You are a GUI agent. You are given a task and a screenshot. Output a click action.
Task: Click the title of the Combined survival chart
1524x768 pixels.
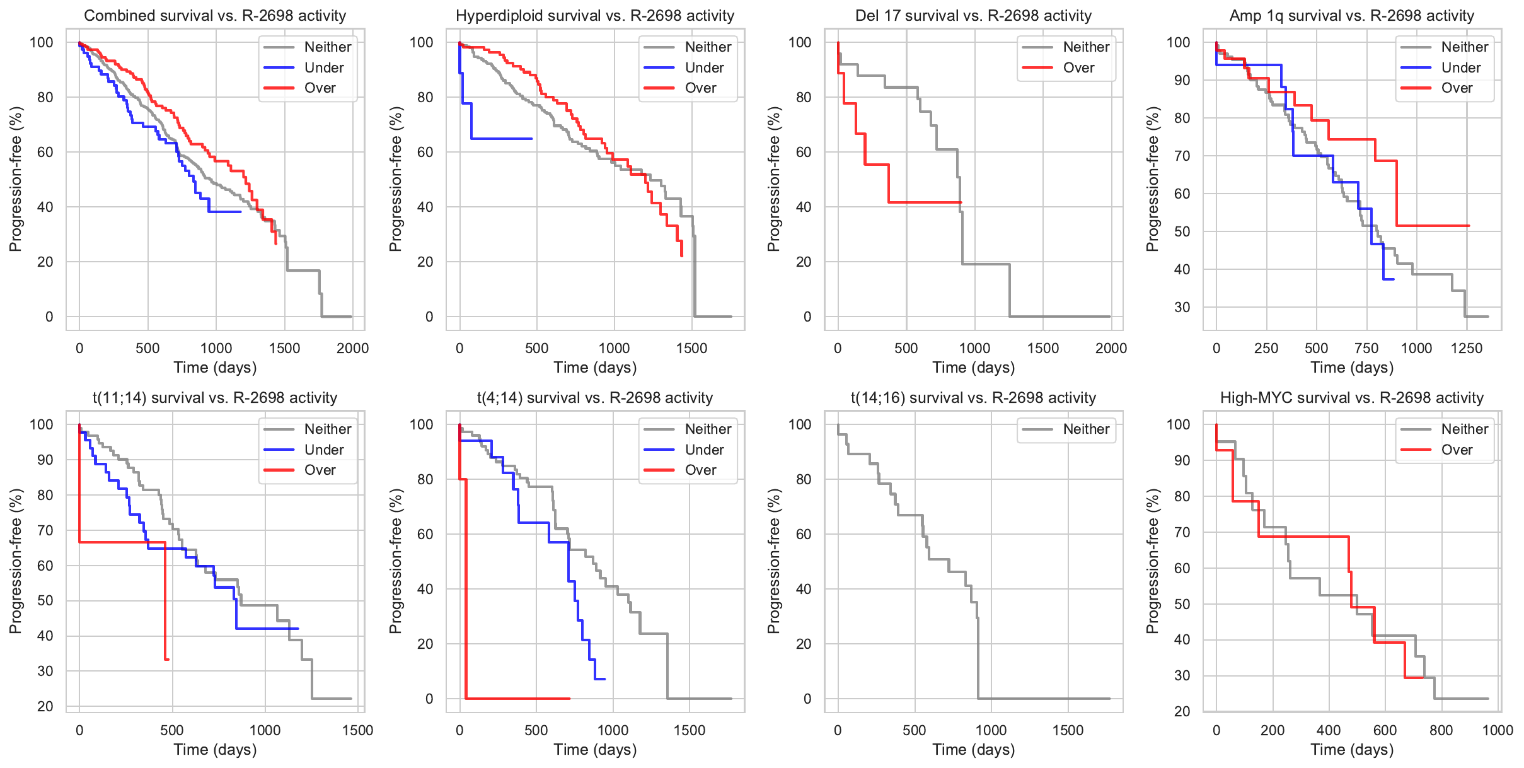point(215,16)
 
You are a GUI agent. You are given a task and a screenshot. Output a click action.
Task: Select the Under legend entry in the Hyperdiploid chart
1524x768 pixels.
point(703,67)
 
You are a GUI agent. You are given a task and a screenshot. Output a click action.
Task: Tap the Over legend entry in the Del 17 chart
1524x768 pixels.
point(1078,67)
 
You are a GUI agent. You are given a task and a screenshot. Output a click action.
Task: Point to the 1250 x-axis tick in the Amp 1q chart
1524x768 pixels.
point(1467,348)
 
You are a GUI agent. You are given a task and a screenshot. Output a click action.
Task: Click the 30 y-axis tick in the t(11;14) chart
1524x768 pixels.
point(45,671)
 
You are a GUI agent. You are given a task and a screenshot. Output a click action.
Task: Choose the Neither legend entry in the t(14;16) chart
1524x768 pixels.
point(1085,429)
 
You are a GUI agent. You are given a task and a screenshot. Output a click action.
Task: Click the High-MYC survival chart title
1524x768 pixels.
point(1351,398)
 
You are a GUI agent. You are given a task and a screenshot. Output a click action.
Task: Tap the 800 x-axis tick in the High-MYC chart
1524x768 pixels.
point(1441,730)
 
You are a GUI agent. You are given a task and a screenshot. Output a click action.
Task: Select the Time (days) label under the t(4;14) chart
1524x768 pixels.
point(595,749)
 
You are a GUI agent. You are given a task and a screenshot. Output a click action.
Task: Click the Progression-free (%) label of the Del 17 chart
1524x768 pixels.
point(774,179)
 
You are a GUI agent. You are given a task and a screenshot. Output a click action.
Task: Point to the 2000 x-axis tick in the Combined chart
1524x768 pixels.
point(352,348)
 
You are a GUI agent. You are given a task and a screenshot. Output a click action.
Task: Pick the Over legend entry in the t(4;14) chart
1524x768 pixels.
point(700,470)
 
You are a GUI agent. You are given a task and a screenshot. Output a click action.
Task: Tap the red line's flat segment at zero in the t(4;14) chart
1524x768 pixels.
point(517,699)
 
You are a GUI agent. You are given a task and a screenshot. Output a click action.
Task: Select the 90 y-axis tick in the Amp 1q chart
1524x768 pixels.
point(1182,80)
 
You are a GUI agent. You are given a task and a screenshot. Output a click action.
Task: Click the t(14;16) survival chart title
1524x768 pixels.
point(973,398)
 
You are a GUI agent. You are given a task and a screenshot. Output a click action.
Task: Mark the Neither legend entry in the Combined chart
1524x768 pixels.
point(327,47)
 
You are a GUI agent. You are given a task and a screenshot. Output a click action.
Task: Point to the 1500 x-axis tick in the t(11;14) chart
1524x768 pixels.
point(357,730)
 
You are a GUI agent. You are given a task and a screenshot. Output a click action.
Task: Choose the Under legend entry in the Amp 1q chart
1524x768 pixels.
point(1460,67)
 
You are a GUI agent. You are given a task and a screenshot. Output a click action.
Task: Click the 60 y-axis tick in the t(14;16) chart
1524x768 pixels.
point(804,534)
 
